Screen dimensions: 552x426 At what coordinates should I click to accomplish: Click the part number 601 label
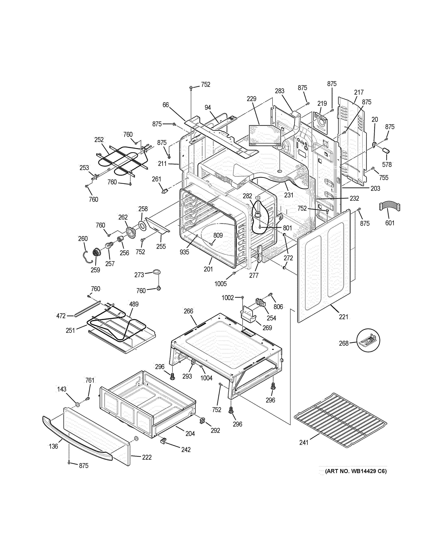(389, 223)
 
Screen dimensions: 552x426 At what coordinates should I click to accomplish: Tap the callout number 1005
(221, 284)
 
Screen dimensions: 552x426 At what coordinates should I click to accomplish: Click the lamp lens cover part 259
(96, 252)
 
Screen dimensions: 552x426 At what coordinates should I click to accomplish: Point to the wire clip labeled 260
(86, 256)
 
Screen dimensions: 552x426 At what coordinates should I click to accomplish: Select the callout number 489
(134, 304)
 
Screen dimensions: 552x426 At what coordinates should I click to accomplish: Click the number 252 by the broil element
(99, 140)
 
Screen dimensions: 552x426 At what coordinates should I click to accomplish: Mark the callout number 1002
(228, 298)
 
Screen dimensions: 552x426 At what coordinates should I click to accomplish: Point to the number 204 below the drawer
(190, 434)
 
